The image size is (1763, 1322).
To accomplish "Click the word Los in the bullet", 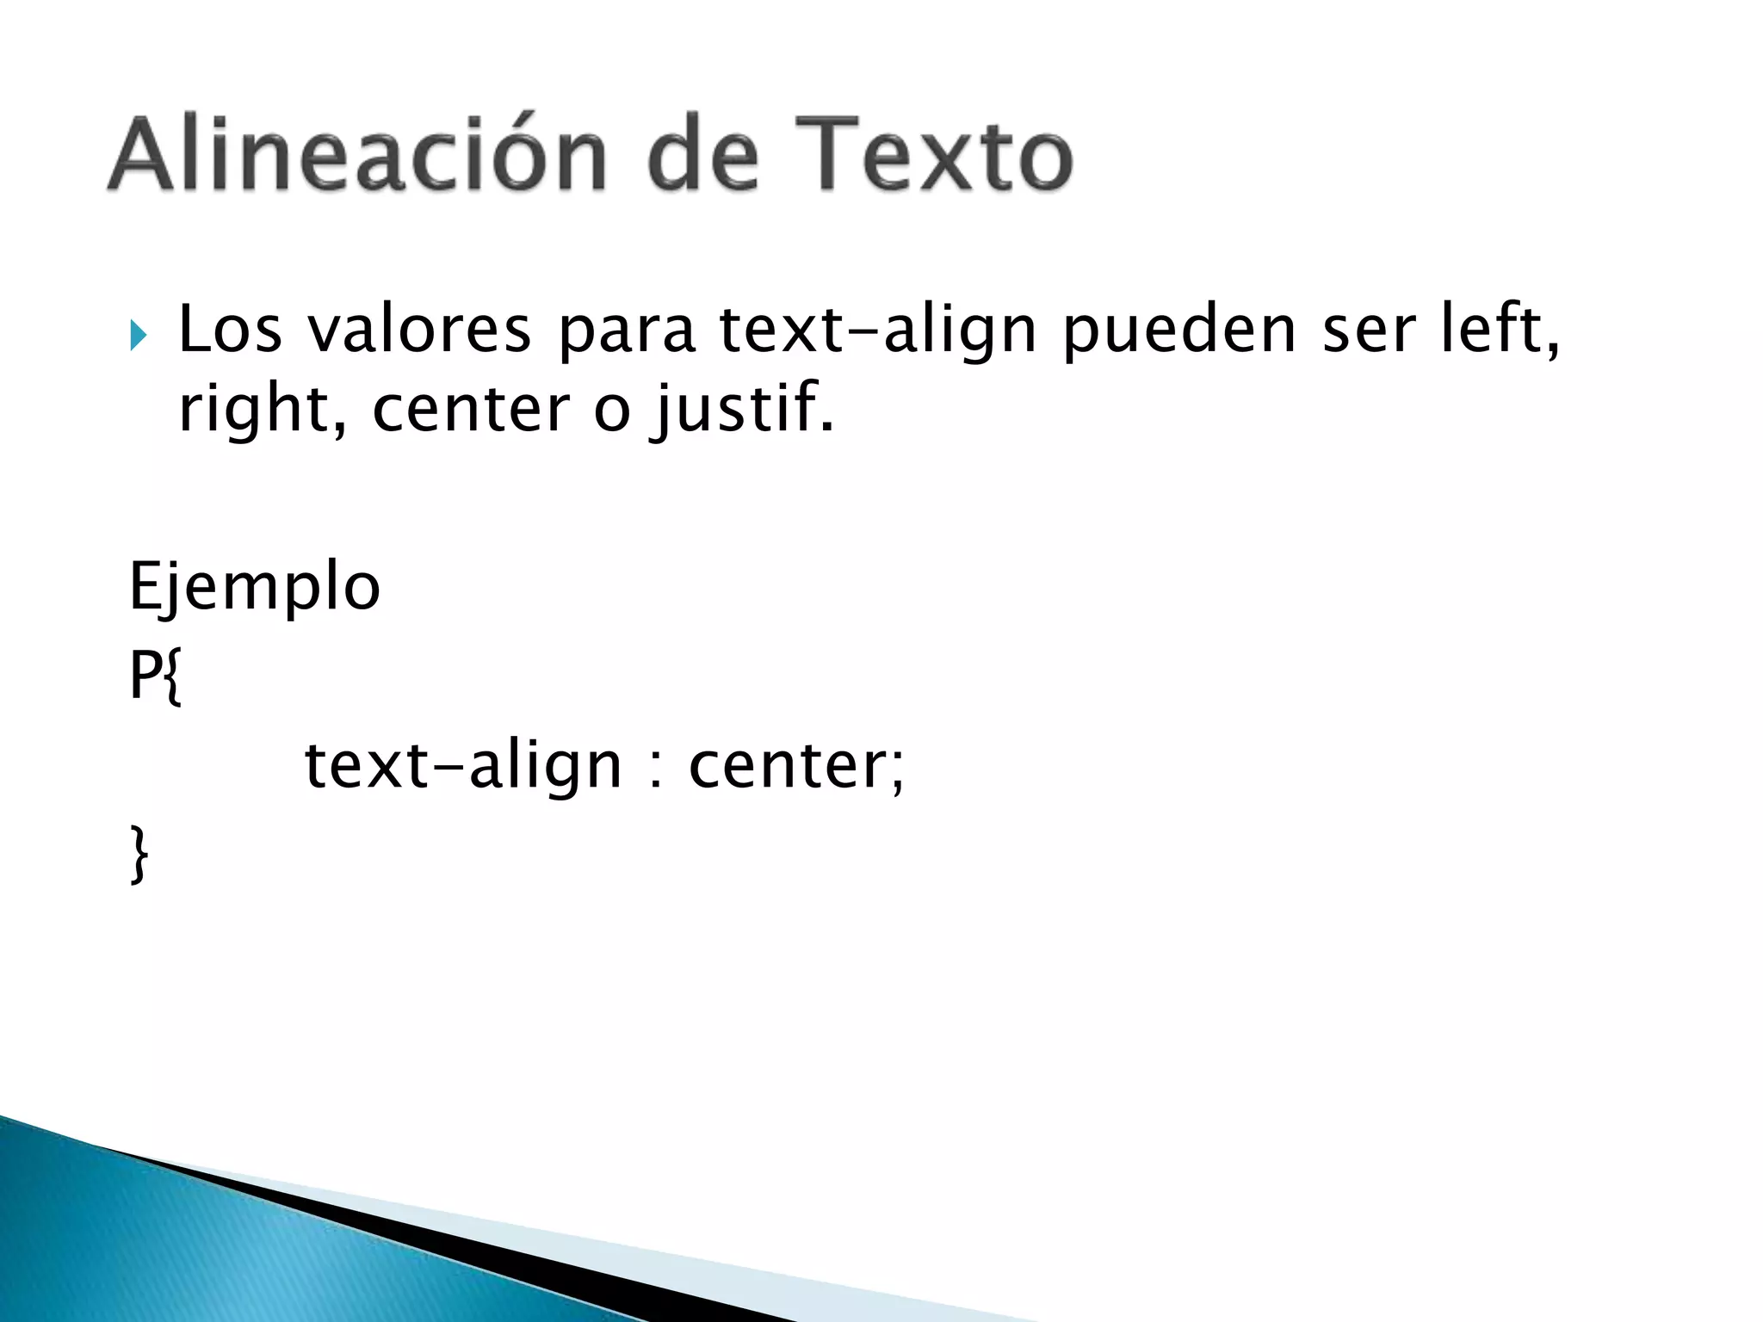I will (230, 330).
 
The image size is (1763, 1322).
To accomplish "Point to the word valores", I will (419, 330).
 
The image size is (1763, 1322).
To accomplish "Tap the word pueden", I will (1178, 332).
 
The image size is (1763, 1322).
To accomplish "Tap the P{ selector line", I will (156, 676).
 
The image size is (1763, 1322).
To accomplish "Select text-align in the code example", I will (462, 766).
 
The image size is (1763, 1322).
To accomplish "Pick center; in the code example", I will (796, 766).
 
